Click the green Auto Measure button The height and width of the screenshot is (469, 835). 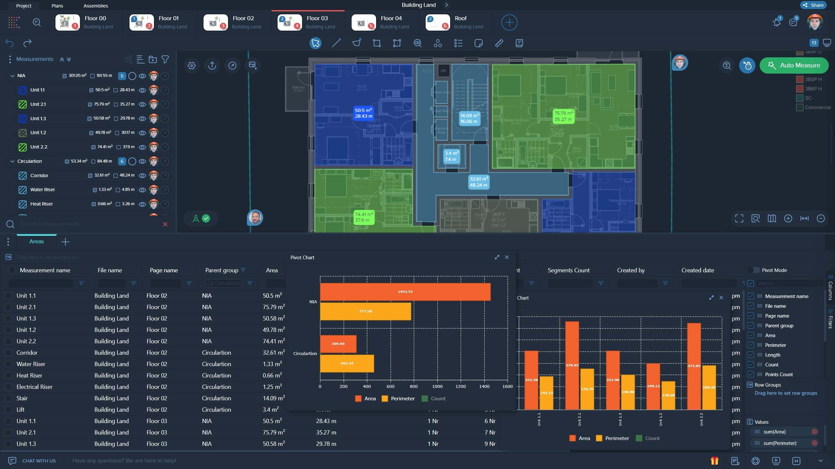point(794,65)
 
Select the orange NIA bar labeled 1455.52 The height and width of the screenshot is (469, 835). point(405,292)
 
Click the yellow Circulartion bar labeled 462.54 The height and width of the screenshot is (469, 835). point(347,363)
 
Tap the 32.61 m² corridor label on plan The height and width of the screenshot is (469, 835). point(478,182)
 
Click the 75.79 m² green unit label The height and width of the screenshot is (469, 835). point(563,116)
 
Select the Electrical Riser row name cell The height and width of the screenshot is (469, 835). point(35,387)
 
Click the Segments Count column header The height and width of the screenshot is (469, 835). point(568,270)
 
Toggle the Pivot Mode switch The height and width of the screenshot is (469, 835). point(754,270)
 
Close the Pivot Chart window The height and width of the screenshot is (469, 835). point(507,257)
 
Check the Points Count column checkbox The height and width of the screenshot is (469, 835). point(751,375)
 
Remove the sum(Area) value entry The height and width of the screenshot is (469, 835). point(814,432)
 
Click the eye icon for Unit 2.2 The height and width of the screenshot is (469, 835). point(142,147)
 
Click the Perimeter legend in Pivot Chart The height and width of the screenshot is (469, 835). point(398,399)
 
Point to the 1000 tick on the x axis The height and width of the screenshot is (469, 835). point(437,387)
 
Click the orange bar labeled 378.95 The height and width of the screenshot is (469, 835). point(572,365)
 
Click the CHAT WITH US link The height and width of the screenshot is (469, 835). point(39,461)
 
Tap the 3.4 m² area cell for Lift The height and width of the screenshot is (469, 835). point(271,410)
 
